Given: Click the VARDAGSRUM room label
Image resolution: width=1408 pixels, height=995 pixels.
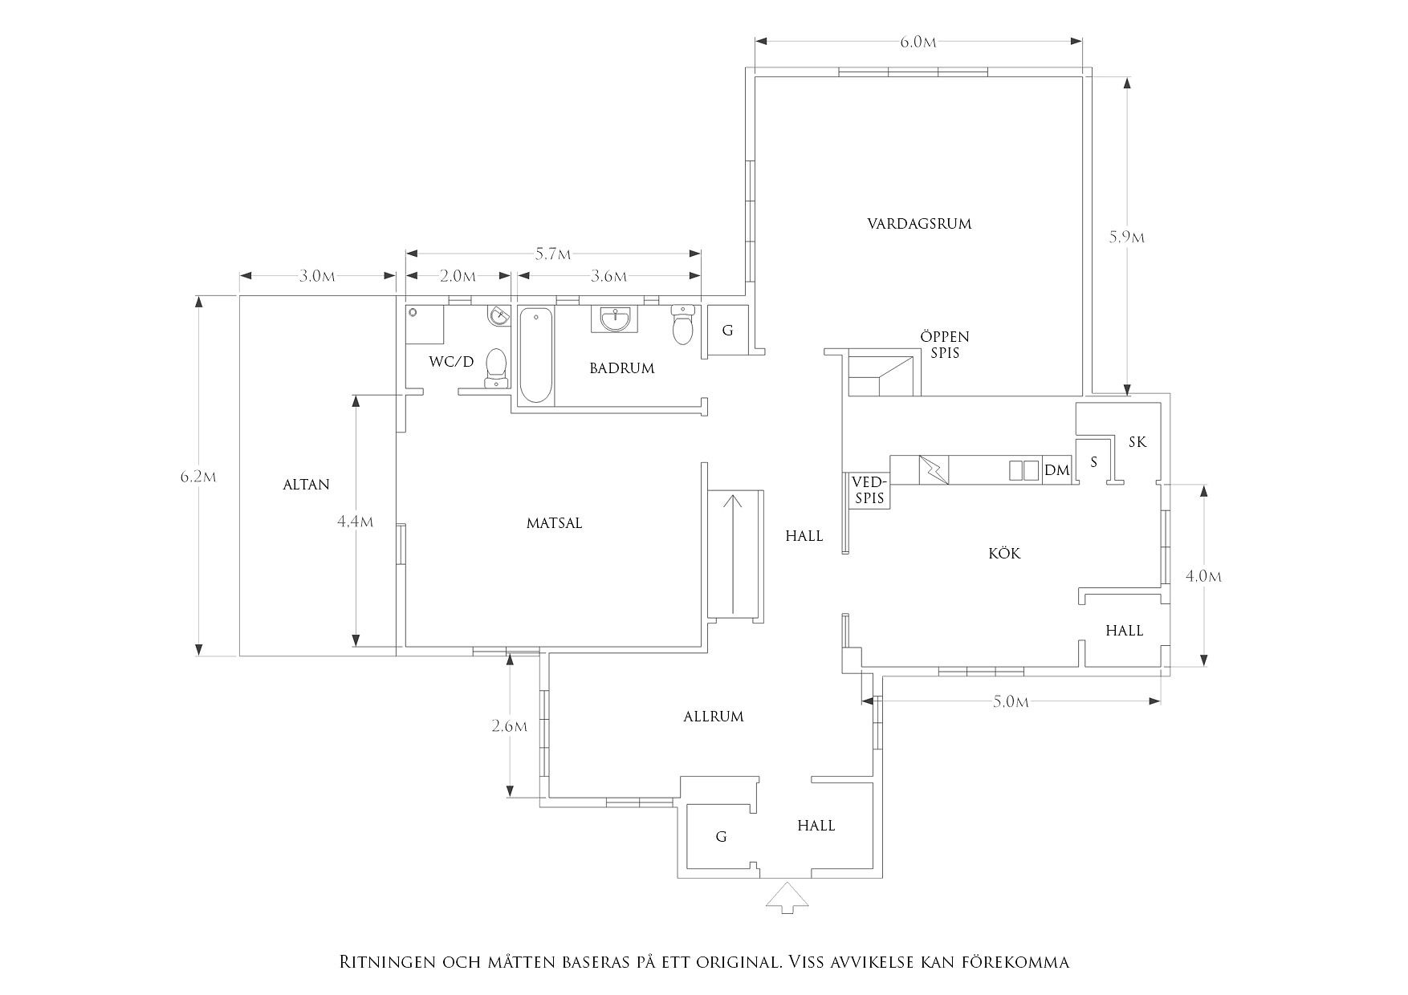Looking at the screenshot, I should pyautogui.click(x=919, y=223).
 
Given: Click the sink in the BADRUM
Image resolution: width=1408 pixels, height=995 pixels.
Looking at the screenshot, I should pyautogui.click(x=616, y=319).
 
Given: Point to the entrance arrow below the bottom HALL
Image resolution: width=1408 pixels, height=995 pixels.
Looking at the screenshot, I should pyautogui.click(x=787, y=897).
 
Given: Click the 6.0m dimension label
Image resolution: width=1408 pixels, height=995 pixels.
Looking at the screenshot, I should pyautogui.click(x=918, y=43).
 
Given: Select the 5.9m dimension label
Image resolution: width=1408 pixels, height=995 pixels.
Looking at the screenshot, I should pyautogui.click(x=1127, y=238).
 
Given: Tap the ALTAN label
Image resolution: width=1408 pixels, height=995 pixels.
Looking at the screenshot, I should pyautogui.click(x=306, y=485).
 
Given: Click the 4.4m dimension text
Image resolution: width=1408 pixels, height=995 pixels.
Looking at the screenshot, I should pyautogui.click(x=355, y=522).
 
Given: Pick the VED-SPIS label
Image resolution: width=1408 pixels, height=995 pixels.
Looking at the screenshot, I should pyautogui.click(x=869, y=490).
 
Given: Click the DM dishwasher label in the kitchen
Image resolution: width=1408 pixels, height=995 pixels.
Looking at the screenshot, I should pyautogui.click(x=1056, y=470).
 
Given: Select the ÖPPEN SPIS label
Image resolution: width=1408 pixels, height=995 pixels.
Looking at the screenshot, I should pyautogui.click(x=945, y=344).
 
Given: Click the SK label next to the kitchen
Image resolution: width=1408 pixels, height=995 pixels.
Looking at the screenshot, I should pyautogui.click(x=1137, y=442).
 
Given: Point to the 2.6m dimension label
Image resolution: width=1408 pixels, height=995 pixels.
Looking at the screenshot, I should pyautogui.click(x=510, y=727).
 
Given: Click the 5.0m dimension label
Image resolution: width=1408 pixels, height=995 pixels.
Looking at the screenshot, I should pyautogui.click(x=1011, y=702).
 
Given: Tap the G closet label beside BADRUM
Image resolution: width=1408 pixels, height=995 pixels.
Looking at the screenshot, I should pyautogui.click(x=727, y=331).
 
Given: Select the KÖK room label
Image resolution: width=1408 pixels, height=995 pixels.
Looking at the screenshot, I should pyautogui.click(x=1004, y=554).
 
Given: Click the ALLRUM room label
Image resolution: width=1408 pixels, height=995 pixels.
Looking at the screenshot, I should pyautogui.click(x=713, y=717).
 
